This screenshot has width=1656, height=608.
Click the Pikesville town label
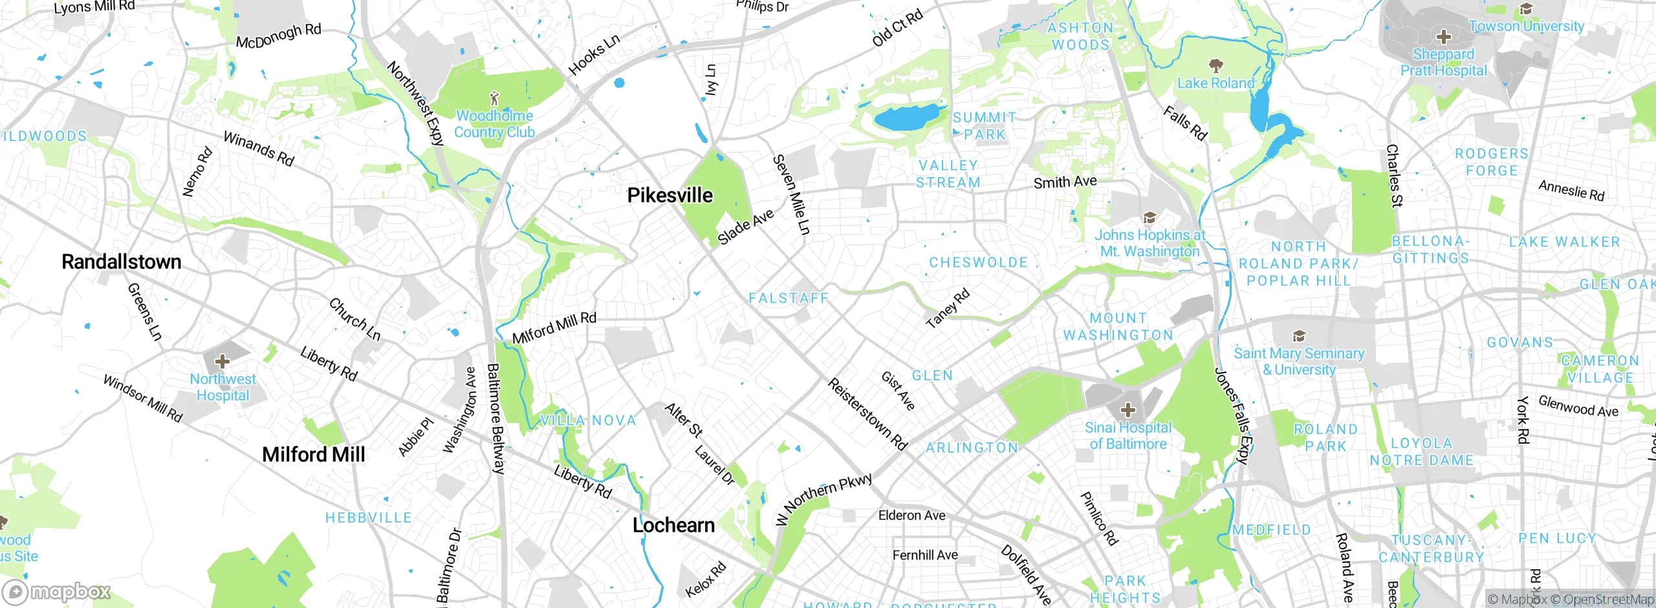click(670, 195)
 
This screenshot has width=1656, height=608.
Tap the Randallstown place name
click(121, 262)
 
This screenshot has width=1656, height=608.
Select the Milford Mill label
click(313, 455)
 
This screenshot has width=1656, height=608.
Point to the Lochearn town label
click(673, 525)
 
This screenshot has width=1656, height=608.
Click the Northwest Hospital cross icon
click(222, 361)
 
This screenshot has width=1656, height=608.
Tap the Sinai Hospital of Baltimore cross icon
click(1128, 409)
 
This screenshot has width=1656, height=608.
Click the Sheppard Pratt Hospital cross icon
click(1443, 37)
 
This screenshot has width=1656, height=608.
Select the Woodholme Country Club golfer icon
click(494, 98)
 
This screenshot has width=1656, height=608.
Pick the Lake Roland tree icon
click(1215, 65)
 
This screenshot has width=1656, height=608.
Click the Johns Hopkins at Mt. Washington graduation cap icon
click(1149, 217)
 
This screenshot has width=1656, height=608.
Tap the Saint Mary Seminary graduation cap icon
click(1298, 336)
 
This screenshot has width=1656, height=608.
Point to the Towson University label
click(1526, 27)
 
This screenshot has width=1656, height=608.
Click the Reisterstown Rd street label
click(867, 415)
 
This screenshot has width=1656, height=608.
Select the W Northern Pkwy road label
click(824, 499)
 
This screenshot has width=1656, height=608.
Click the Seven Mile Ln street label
click(791, 194)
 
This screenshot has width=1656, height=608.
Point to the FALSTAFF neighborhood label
click(788, 298)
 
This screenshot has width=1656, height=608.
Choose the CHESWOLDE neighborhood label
click(978, 263)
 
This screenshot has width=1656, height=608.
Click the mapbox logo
click(57, 592)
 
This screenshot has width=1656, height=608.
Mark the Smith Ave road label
click(1065, 182)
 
